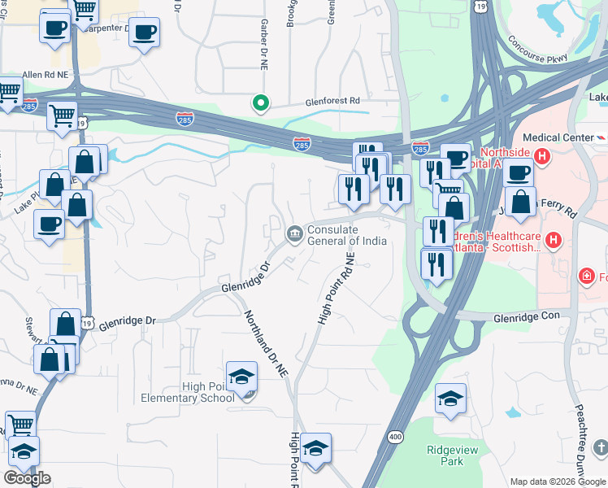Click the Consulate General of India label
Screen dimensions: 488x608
[345, 234]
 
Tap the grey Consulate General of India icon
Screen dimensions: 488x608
[293, 234]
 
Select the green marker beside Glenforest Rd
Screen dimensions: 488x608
[260, 102]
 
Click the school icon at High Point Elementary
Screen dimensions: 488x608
[241, 377]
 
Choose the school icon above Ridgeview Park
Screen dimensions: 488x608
[450, 399]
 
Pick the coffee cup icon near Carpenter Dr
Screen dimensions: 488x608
[144, 33]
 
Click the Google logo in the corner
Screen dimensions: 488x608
[27, 478]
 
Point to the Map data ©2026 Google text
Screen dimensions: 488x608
[558, 481]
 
